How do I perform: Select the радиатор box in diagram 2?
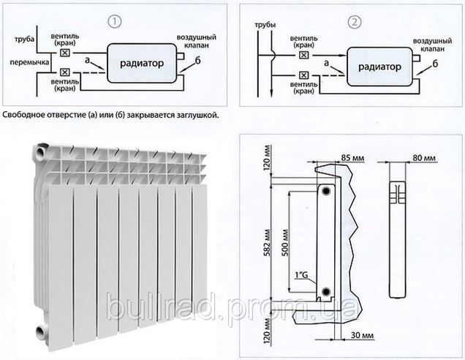tap(375, 66)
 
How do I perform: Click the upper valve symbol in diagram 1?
tap(66, 53)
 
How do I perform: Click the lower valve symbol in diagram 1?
tap(66, 72)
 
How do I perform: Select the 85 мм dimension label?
tap(352, 157)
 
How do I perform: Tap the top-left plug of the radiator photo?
tap(38, 151)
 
